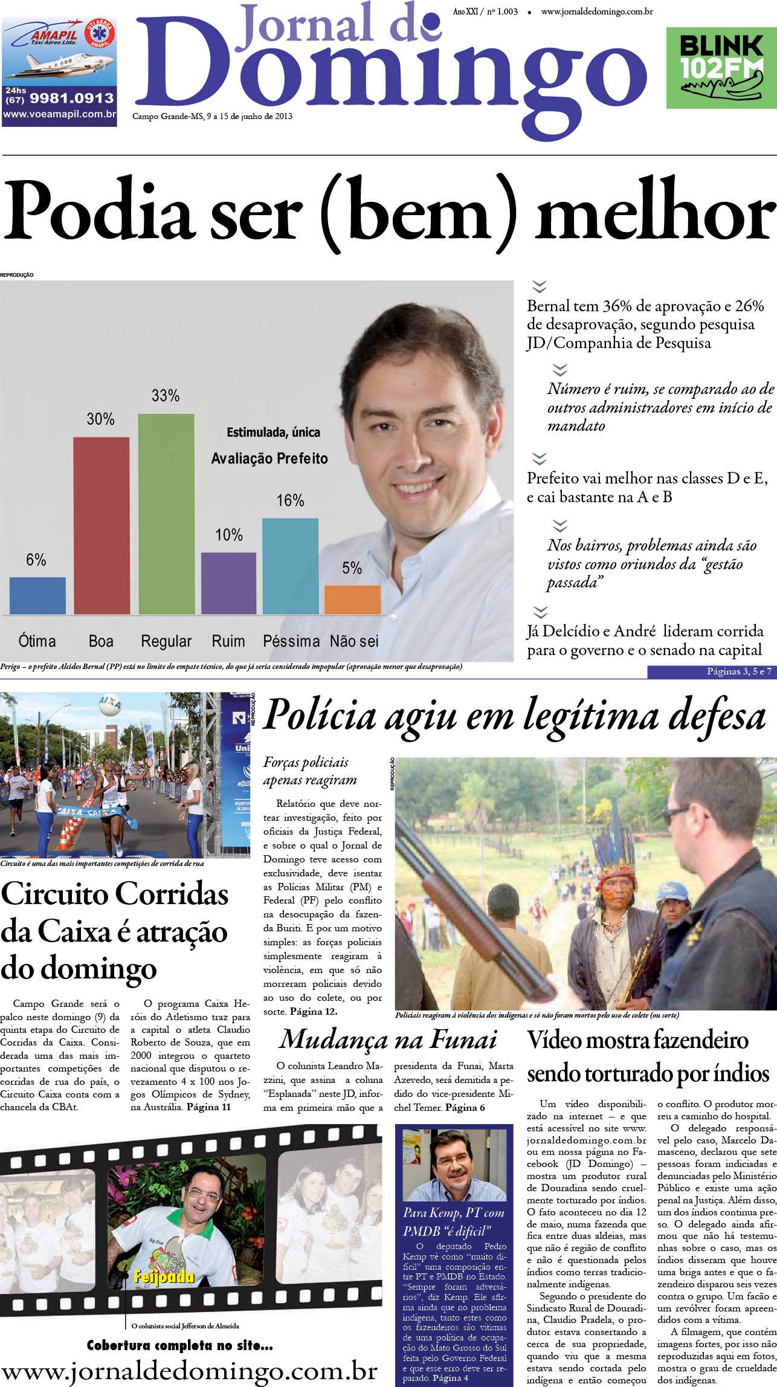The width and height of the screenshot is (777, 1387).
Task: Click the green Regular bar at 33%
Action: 166,514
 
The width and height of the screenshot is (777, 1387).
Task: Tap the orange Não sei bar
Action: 353,600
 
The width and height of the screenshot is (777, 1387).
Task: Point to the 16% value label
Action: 290,501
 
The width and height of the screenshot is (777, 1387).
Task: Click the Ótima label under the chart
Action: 37,641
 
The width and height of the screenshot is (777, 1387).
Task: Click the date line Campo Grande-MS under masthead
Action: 212,117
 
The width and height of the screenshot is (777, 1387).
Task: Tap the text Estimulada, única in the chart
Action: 273,432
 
